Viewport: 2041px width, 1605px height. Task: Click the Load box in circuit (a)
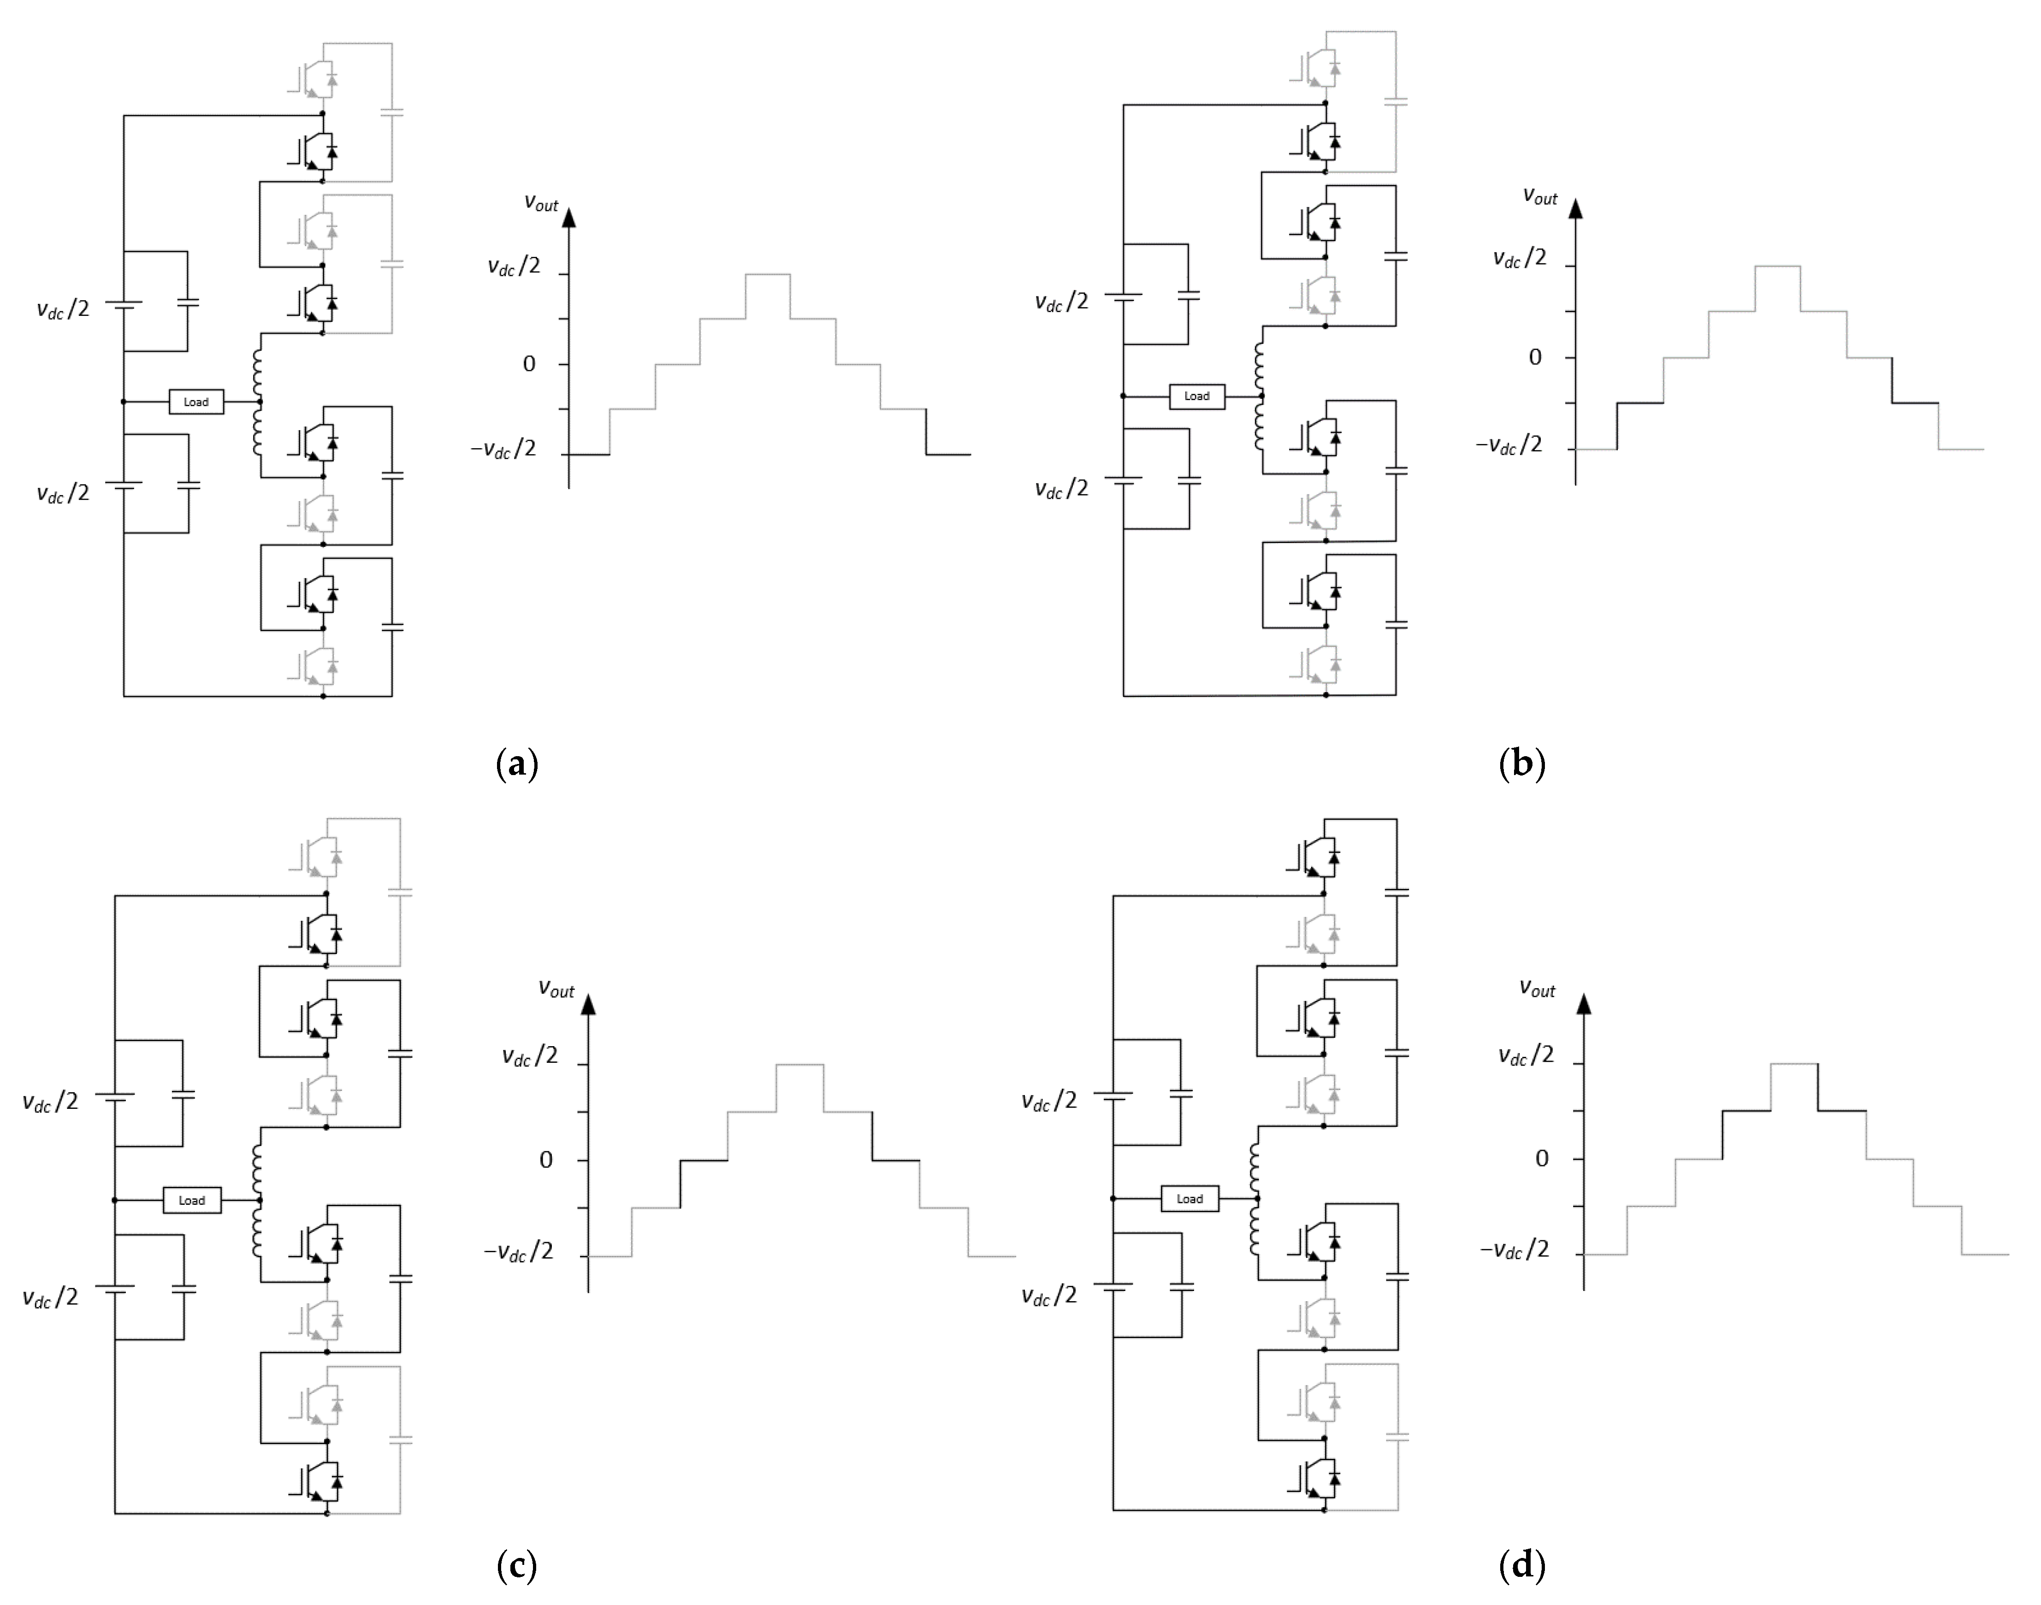pyautogui.click(x=195, y=402)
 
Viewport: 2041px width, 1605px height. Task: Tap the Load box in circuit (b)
pyautogui.click(x=1196, y=397)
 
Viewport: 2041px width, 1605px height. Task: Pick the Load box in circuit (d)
pyautogui.click(x=1189, y=1199)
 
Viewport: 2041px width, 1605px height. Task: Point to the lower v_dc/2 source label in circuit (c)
pyautogui.click(x=50, y=1298)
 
